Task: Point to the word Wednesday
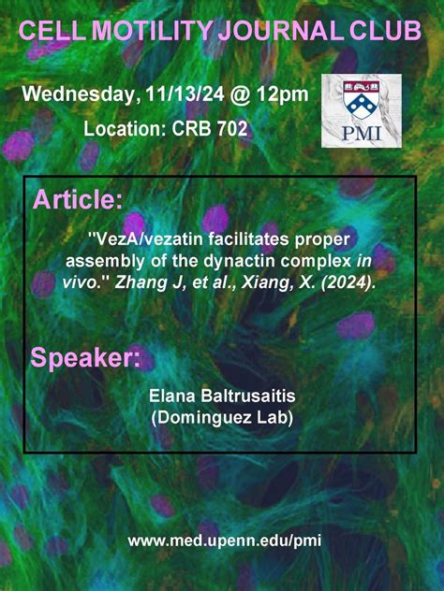(x=81, y=94)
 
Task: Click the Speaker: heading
(x=86, y=358)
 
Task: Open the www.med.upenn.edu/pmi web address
(x=222, y=541)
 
